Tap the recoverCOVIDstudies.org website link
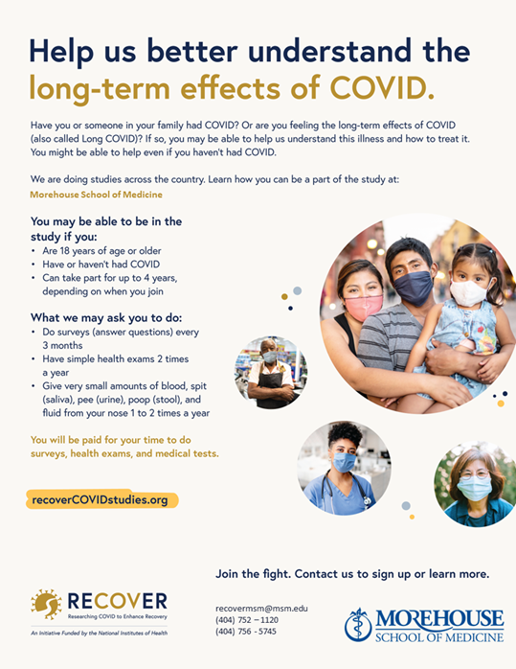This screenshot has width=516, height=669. (101, 499)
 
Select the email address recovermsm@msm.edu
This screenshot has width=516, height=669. (261, 609)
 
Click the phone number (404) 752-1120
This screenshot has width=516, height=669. (247, 620)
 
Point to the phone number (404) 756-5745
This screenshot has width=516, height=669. (246, 632)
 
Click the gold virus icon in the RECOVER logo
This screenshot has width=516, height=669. (46, 604)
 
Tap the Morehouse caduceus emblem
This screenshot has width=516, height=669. (358, 625)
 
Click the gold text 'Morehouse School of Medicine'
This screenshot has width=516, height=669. (97, 195)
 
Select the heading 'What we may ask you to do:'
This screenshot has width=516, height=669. (106, 318)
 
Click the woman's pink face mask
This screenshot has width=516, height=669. (363, 308)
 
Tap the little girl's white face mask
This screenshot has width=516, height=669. (469, 292)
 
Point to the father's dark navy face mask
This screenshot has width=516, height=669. (414, 288)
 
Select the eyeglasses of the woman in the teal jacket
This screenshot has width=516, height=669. (474, 474)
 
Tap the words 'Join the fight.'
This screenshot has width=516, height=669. (254, 574)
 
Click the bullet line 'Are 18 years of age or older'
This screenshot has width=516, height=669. (101, 251)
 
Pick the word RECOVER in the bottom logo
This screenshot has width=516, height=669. (118, 601)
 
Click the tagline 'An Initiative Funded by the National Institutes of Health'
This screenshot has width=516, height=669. (99, 634)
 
